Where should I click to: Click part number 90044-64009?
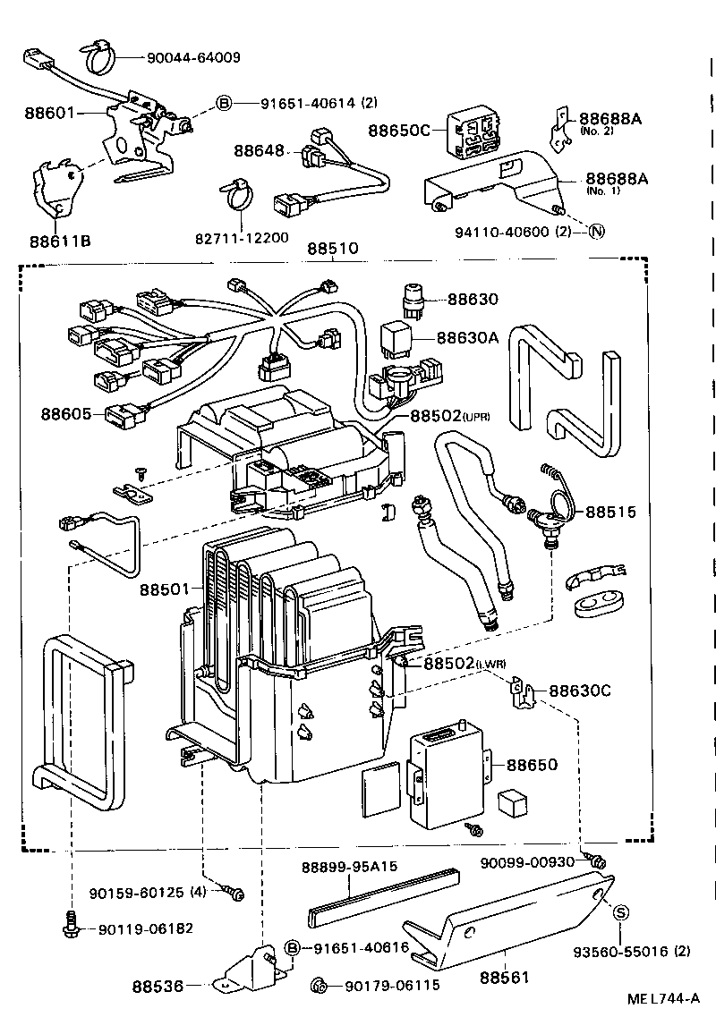(x=192, y=59)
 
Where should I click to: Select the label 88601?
(x=52, y=114)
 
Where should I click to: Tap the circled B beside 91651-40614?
(x=224, y=103)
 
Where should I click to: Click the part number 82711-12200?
(x=242, y=238)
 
